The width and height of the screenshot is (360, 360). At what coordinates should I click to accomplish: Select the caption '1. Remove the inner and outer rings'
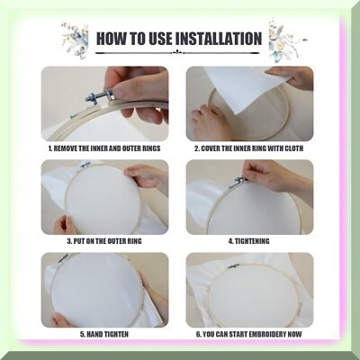[104, 148]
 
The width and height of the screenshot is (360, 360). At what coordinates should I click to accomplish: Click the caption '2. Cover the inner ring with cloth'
[248, 148]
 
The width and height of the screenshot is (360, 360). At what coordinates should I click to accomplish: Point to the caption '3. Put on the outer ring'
[104, 241]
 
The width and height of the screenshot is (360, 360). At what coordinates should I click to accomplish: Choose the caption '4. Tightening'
[248, 241]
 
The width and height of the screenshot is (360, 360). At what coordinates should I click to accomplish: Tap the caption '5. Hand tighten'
[104, 334]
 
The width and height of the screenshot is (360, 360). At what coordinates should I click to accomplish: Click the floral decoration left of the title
[75, 40]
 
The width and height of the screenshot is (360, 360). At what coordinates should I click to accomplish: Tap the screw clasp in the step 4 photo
[238, 182]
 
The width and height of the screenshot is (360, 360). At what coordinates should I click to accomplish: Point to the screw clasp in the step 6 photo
[233, 266]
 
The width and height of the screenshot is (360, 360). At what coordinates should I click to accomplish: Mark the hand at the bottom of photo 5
[60, 319]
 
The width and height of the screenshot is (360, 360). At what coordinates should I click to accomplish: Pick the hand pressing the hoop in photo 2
[208, 122]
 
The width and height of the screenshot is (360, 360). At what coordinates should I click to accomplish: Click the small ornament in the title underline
[177, 53]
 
